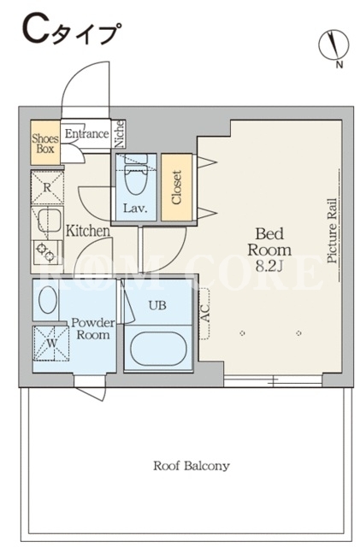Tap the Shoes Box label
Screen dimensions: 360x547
point(45,144)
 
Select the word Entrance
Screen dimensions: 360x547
point(87,133)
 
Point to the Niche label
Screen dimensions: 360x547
point(120,133)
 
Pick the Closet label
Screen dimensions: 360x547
point(177,187)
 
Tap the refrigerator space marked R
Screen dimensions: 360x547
point(47,187)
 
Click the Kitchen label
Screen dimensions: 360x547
point(87,231)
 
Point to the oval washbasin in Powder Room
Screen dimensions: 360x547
point(48,300)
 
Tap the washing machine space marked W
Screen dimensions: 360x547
point(51,343)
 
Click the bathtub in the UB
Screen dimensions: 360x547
point(158,349)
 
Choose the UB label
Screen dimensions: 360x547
point(157,306)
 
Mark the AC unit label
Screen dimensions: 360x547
point(205,313)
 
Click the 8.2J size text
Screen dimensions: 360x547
point(269,266)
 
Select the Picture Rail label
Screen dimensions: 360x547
point(332,231)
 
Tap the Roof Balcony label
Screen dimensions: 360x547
point(192,466)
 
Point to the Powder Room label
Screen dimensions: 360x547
point(93,328)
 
